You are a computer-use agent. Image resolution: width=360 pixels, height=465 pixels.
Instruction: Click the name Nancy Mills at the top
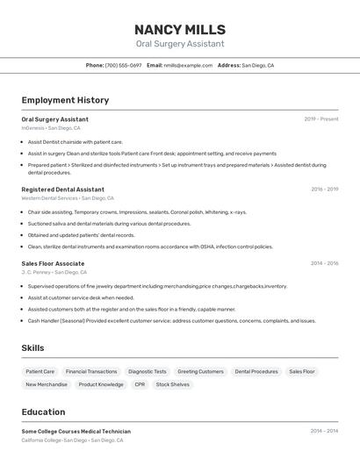(180, 30)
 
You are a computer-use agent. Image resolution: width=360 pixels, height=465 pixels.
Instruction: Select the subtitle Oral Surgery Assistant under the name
(180, 44)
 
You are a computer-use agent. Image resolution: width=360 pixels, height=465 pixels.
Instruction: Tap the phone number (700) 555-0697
(123, 65)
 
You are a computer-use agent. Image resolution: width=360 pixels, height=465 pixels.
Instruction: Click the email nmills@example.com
(188, 65)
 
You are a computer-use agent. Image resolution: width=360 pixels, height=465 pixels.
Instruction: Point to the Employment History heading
(65, 100)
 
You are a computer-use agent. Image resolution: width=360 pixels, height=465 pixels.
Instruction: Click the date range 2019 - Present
(321, 119)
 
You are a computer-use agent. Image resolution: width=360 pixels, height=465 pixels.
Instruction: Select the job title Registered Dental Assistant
(62, 190)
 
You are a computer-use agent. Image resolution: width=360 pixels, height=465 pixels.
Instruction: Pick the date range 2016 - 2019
(324, 190)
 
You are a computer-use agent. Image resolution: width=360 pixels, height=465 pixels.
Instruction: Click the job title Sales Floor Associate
(53, 263)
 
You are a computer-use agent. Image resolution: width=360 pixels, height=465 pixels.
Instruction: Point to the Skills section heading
(32, 348)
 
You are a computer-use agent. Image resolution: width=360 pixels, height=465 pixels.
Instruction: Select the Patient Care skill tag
(40, 371)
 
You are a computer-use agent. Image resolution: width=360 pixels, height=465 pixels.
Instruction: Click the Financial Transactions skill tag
(91, 371)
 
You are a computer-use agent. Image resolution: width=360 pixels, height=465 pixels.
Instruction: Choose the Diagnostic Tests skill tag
(148, 371)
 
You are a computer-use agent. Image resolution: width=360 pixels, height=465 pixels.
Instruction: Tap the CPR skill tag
(140, 384)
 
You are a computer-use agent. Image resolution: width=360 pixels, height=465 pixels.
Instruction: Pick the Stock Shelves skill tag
(173, 384)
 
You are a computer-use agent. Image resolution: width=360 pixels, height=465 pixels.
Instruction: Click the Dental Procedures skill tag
(256, 371)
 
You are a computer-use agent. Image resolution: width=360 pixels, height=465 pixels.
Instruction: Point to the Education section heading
(43, 411)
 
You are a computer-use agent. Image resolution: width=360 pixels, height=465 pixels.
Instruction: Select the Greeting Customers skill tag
(201, 371)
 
